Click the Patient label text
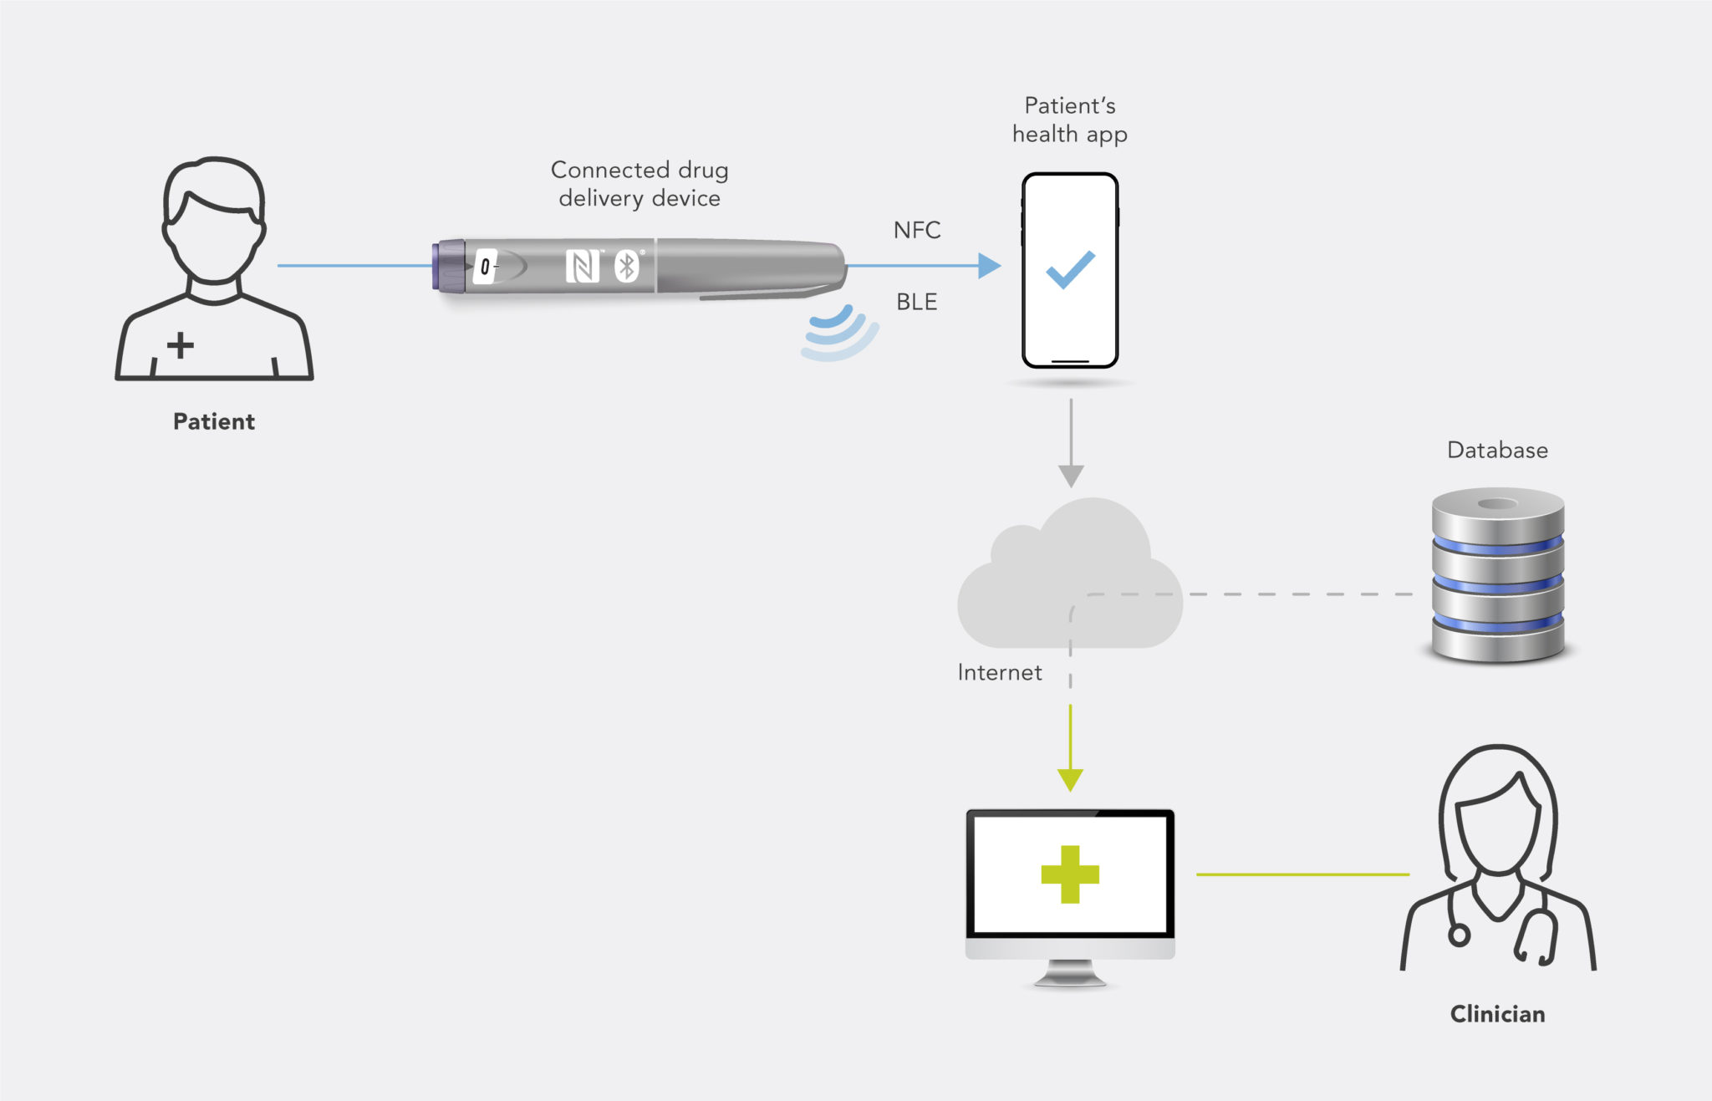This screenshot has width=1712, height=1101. (213, 421)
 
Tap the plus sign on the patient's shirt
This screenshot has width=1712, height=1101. (180, 344)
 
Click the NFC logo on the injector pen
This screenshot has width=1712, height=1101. (582, 267)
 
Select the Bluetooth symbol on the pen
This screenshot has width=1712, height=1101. (626, 267)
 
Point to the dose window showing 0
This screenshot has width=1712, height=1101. (485, 268)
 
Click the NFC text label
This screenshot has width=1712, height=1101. (917, 230)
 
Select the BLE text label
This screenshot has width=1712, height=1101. (916, 302)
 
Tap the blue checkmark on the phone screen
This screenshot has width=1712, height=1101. (1070, 269)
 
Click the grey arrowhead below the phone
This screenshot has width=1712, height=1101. (1071, 476)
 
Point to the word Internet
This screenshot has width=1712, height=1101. (1000, 672)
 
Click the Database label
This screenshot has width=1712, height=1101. (1497, 451)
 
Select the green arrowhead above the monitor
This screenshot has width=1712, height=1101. (1070, 779)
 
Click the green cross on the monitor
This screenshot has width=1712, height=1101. (1070, 874)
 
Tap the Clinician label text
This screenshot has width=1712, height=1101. (1497, 1014)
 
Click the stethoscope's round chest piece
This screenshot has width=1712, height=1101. (1459, 935)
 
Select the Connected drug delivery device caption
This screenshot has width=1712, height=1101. (639, 184)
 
